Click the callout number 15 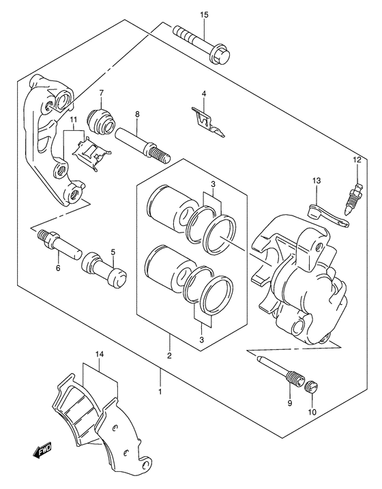coord(204,14)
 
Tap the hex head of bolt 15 coord(220,56)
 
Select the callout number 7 coord(101,93)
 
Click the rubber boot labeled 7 coord(101,123)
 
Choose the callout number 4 coord(204,93)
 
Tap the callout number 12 coord(357,160)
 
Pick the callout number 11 coord(73,119)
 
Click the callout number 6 coord(58,268)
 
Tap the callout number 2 coord(169,355)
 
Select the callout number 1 coord(160,392)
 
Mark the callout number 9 coord(290,403)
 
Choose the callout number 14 coord(100,354)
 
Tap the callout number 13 coord(316,181)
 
